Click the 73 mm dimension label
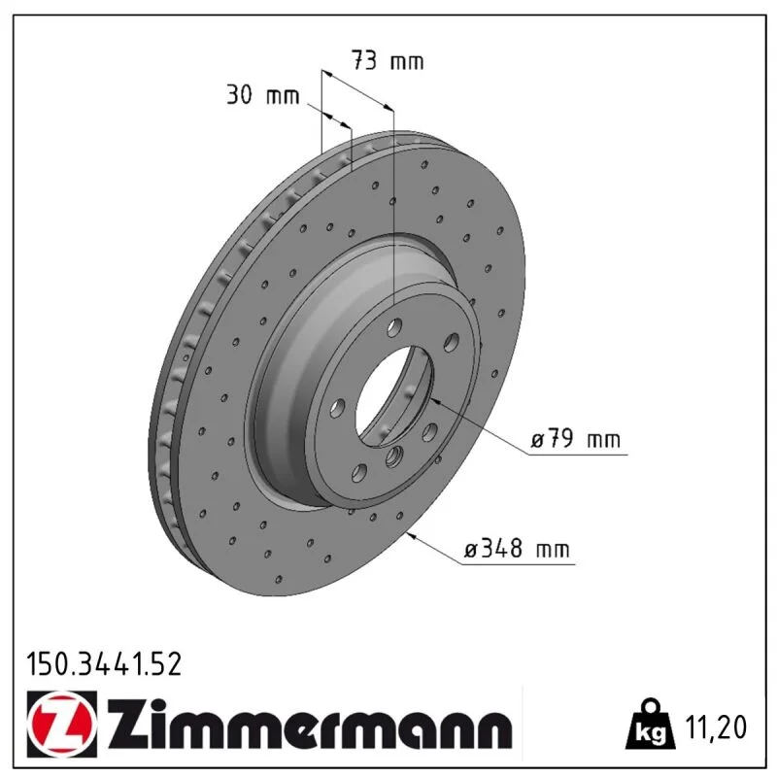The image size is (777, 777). tap(388, 60)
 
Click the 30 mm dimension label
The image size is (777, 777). tap(262, 94)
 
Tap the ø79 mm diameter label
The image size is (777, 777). tap(575, 439)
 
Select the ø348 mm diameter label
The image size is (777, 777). tap(516, 549)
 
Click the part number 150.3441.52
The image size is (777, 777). tap(104, 664)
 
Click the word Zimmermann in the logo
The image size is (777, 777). tap(309, 725)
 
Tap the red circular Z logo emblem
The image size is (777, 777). tap(62, 724)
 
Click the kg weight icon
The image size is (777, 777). tap(651, 726)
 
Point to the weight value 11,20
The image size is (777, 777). tap(715, 726)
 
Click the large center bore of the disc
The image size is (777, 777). tap(394, 396)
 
